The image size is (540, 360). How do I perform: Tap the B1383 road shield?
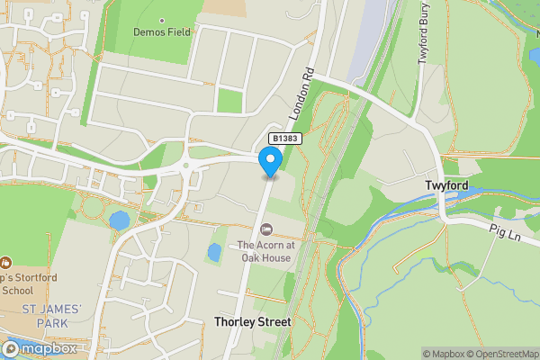coord(283,139)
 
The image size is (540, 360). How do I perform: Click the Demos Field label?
coord(162,31)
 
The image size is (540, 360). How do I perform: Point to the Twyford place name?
coord(445,184)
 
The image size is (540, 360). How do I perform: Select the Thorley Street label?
coord(252,321)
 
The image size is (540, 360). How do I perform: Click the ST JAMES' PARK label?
coord(51,315)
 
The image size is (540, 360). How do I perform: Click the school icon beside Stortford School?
coord(6,264)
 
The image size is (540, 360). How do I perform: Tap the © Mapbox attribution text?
coord(442,353)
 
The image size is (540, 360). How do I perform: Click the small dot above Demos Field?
coord(162,20)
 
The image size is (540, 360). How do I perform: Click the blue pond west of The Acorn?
coord(214,252)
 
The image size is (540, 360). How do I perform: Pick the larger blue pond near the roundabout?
coord(119,220)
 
